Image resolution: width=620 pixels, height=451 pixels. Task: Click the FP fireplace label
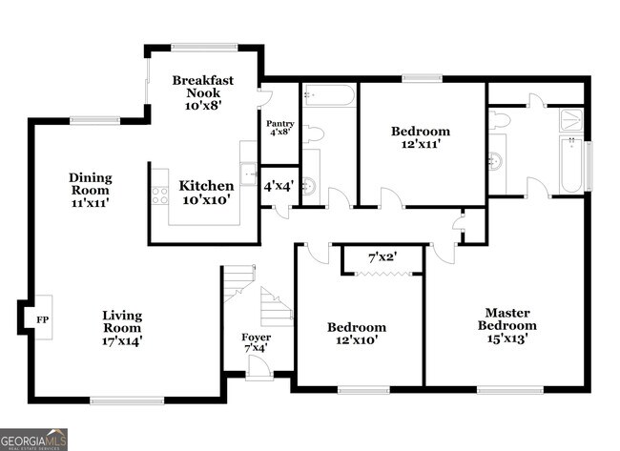coord(41,319)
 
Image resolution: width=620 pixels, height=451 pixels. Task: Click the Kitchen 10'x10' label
coord(206,194)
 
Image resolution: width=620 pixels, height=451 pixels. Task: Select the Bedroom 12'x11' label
coord(420,138)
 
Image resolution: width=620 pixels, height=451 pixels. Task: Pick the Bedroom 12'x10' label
coord(357,335)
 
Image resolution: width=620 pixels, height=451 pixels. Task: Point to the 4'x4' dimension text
coord(279,187)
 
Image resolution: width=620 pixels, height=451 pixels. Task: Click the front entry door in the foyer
coord(258,372)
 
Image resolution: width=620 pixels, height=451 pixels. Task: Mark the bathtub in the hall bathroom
coord(328,95)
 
